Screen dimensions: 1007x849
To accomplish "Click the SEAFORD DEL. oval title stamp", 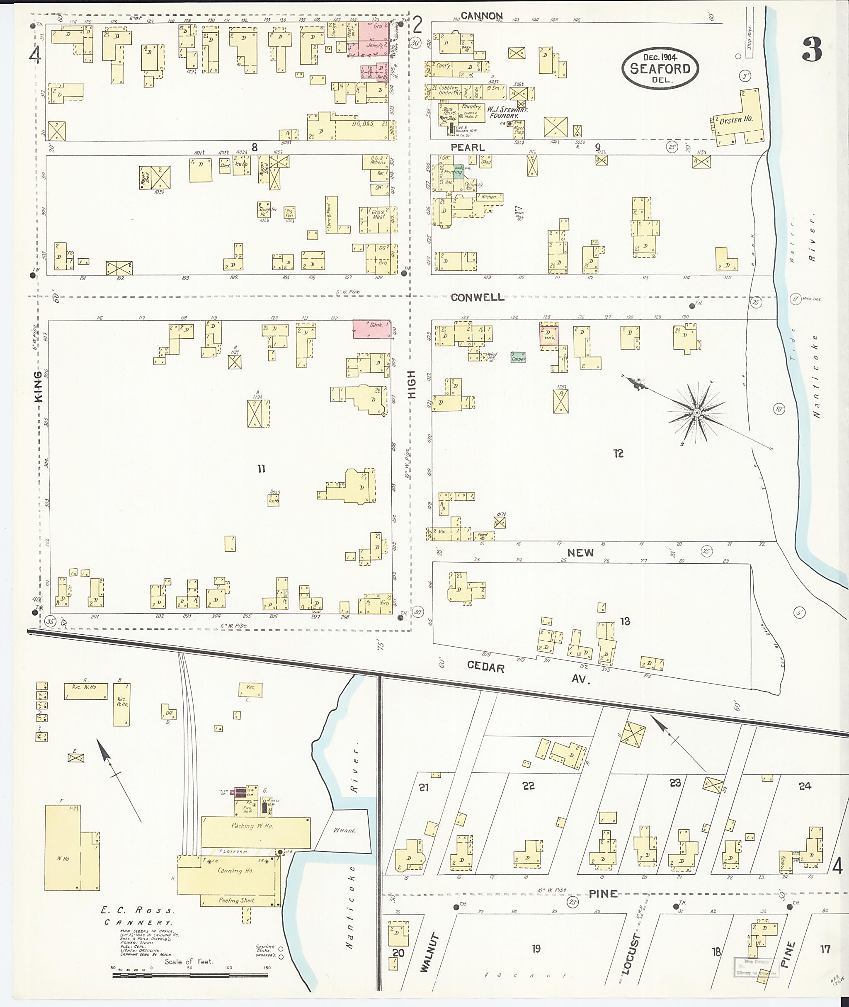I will pyautogui.click(x=660, y=68).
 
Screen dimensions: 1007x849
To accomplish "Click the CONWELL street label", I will pyautogui.click(x=478, y=298).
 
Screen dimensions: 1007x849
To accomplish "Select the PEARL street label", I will pyautogui.click(x=467, y=147).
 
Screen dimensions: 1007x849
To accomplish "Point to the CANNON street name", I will pyautogui.click(x=481, y=16).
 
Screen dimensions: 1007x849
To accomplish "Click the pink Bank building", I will pyautogui.click(x=371, y=329).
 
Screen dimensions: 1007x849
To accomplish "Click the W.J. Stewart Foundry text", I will pyautogui.click(x=507, y=113).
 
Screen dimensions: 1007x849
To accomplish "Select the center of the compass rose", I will pyautogui.click(x=696, y=413).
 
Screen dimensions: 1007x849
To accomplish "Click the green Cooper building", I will pyautogui.click(x=518, y=357).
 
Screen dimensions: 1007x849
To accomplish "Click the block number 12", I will pyautogui.click(x=618, y=453).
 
